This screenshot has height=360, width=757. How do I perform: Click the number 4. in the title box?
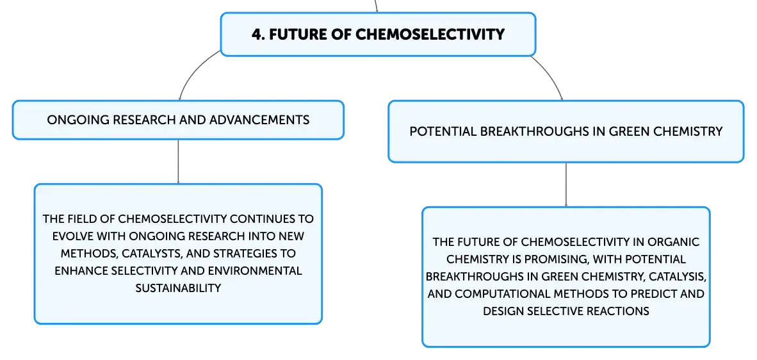tap(257, 34)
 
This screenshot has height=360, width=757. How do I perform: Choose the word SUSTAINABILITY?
tap(178, 288)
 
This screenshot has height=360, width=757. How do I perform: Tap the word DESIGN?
tap(501, 311)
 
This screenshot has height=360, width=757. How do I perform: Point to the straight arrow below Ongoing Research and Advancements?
tap(178, 161)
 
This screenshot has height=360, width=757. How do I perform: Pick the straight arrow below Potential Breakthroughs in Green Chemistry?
tap(566, 185)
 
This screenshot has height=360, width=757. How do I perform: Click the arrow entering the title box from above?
tap(376, 6)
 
